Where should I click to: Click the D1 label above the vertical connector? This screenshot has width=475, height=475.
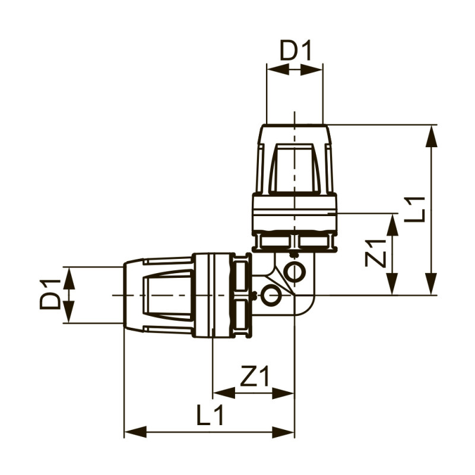[296, 51]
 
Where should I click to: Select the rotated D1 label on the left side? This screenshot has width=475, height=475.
[50, 294]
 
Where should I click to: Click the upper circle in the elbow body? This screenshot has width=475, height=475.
[294, 272]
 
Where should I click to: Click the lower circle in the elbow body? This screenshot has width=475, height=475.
[271, 295]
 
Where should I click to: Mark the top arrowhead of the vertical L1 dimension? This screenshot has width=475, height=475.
[432, 135]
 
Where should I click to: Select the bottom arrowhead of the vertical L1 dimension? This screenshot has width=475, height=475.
[432, 284]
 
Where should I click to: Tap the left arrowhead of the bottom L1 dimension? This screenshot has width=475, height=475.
[135, 432]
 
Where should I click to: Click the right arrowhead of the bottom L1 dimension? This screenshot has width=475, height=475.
[284, 432]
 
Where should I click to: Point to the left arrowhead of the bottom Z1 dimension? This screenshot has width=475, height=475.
[223, 392]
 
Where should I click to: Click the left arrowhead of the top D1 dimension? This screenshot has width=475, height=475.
[277, 69]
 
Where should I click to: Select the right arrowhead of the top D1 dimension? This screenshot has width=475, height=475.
[313, 69]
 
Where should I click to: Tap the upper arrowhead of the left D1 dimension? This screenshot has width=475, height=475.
[69, 277]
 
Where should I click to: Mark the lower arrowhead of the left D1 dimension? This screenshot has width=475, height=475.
[69, 313]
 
